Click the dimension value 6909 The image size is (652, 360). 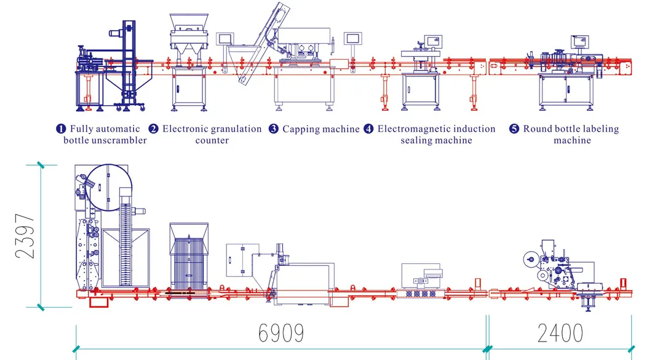(x=280, y=333)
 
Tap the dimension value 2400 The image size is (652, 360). (x=560, y=333)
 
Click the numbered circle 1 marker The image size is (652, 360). (x=61, y=129)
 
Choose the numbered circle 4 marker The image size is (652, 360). (x=368, y=129)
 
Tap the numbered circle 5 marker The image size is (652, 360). (x=514, y=129)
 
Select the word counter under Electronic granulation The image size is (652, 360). (x=212, y=140)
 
